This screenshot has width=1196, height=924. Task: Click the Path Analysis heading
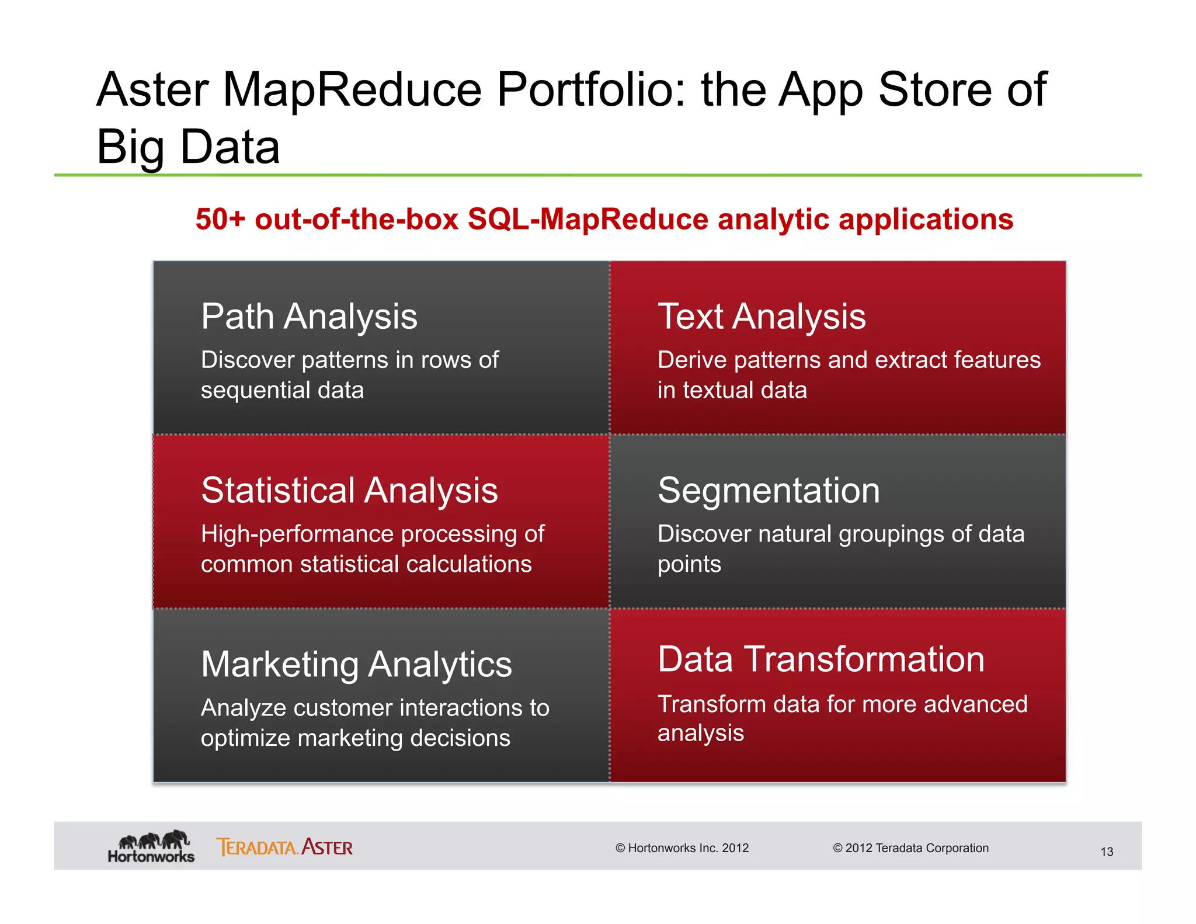pos(309,317)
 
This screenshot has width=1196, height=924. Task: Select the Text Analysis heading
pos(762,317)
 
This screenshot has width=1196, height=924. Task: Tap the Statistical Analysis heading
pos(349,491)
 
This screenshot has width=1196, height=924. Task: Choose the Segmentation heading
pos(769,491)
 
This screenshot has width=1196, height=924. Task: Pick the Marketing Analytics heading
pos(356,665)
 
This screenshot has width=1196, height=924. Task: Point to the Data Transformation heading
pos(821,659)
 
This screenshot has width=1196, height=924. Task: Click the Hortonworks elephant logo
pos(151,846)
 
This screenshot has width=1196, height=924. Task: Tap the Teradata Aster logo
pos(284,847)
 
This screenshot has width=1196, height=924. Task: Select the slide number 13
pos(1107,852)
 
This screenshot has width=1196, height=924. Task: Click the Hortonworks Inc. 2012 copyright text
pos(682,848)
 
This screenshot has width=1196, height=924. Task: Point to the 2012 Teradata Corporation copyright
pos(910,848)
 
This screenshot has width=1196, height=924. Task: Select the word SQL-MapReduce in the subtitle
pos(588,220)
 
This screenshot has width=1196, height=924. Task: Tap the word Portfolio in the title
pos(591,90)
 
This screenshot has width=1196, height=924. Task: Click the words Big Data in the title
pos(188,147)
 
